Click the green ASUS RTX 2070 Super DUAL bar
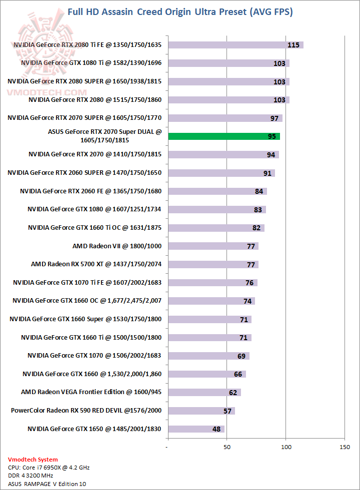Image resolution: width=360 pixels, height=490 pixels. [224, 136]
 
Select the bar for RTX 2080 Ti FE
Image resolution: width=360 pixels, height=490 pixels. [235, 45]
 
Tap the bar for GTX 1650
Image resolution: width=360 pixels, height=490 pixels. [196, 429]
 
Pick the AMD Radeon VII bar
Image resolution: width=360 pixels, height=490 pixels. [213, 246]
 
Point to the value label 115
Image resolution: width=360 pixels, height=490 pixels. [293, 45]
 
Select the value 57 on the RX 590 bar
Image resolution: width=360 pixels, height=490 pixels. [228, 411]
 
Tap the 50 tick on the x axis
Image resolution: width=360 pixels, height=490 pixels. [227, 447]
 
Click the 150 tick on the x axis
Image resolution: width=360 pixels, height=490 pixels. [344, 447]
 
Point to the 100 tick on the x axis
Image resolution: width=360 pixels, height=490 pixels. [285, 447]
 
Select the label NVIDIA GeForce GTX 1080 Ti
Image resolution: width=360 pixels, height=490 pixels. [91, 63]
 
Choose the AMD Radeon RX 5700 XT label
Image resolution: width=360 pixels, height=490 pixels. [96, 264]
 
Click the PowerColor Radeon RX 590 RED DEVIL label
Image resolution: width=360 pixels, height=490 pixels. [86, 411]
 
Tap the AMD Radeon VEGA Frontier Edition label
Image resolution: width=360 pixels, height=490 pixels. [91, 392]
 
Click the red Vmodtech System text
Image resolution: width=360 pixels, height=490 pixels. [33, 459]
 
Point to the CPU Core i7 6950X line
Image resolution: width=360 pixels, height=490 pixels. [49, 468]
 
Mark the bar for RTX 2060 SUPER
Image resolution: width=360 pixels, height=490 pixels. [221, 173]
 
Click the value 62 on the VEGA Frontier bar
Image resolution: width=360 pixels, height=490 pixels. [233, 392]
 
